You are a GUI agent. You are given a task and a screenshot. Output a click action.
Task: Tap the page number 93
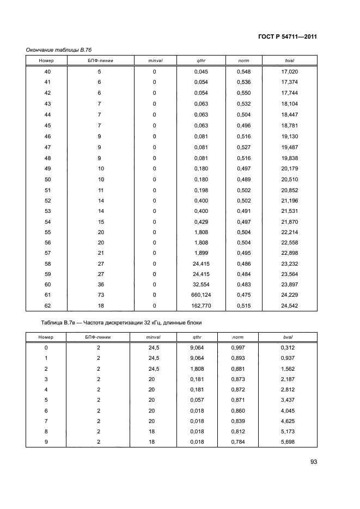314,462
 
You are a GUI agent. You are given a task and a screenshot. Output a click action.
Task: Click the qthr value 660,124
202,295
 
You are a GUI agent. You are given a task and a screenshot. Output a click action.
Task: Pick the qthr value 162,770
202,305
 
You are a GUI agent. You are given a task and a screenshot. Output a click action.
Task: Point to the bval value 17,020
290,72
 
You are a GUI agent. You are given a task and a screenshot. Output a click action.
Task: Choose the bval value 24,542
290,305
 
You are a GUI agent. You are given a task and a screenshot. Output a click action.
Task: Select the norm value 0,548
243,72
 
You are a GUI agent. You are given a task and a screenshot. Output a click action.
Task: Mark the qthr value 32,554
202,285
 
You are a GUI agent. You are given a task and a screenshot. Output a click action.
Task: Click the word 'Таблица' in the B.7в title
52,323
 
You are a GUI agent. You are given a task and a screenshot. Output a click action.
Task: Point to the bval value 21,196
290,201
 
